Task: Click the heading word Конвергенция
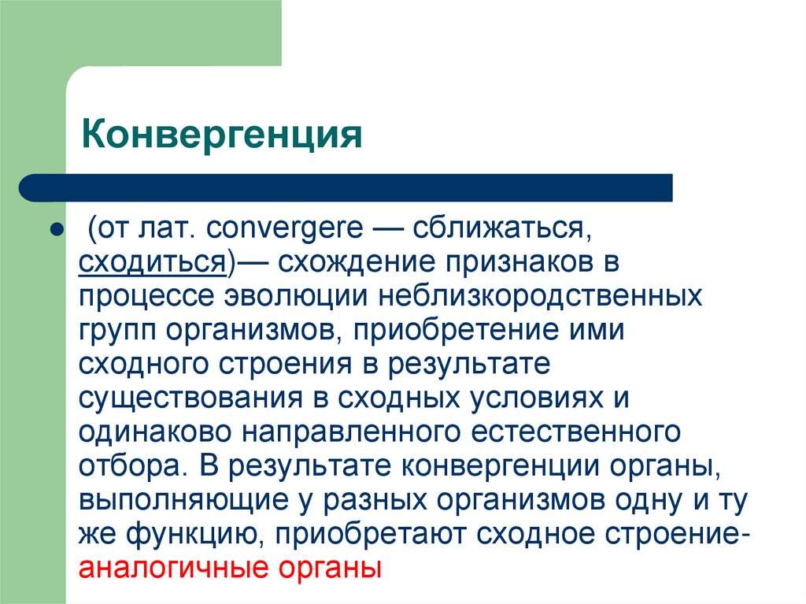[x=221, y=135]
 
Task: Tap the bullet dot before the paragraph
[x=56, y=228]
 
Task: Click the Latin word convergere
[x=284, y=228]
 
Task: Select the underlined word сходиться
[x=152, y=262]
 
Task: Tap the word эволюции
[x=296, y=296]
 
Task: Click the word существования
[x=190, y=398]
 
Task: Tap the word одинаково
[x=155, y=432]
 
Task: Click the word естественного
[x=575, y=432]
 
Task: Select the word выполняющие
[x=183, y=500]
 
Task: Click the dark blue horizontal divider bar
[x=346, y=187]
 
